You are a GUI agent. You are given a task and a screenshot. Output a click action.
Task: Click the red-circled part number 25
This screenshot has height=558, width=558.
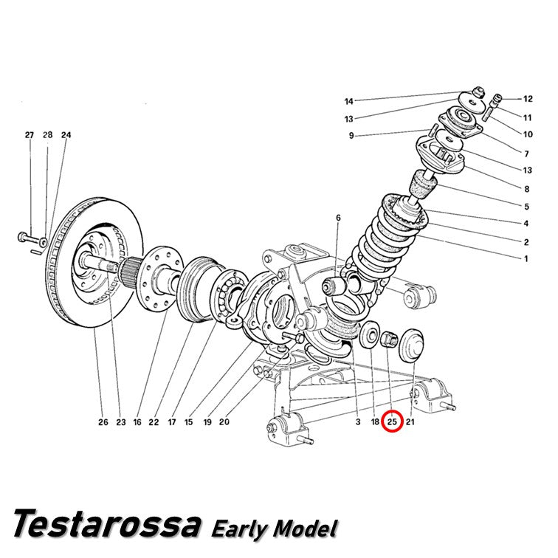click(x=392, y=421)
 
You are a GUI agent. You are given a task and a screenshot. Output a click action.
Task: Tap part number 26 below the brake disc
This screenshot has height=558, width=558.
click(x=103, y=422)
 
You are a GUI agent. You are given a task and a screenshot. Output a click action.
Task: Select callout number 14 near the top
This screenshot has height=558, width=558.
click(x=348, y=101)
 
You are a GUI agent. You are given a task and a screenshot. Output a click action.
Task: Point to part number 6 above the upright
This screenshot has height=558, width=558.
click(x=338, y=218)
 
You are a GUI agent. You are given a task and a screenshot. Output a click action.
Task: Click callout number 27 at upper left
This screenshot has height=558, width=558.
click(x=30, y=135)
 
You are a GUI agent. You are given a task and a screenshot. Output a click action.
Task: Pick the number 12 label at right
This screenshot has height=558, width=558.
click(x=528, y=99)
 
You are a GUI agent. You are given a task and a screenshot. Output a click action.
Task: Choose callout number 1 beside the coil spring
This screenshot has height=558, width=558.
click(x=526, y=259)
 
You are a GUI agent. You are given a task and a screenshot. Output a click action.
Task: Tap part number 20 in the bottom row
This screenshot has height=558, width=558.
click(x=224, y=422)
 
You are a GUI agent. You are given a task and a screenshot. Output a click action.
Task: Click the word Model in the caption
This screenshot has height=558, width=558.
click(x=305, y=528)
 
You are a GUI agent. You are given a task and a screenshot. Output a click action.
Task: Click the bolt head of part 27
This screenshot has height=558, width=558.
click(x=21, y=235)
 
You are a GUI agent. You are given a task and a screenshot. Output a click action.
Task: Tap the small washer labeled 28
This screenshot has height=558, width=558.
click(x=44, y=242)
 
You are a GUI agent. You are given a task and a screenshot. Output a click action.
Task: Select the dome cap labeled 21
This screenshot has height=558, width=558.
click(x=412, y=345)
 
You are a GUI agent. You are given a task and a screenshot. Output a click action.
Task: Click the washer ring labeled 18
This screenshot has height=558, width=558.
click(x=370, y=334)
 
